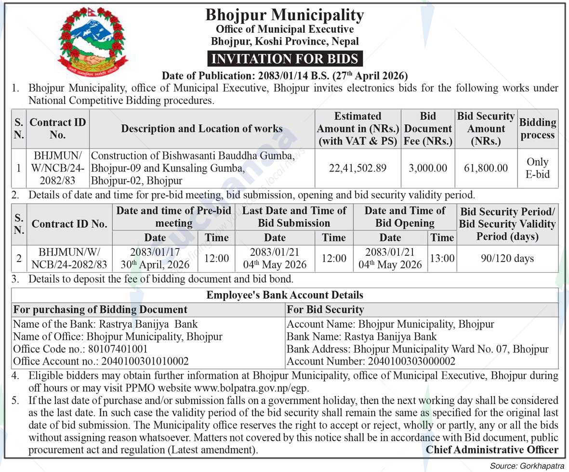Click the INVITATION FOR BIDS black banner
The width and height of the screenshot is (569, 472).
click(285, 59)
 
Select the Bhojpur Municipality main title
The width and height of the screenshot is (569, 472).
click(285, 15)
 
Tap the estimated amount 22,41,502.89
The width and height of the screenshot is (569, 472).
click(357, 168)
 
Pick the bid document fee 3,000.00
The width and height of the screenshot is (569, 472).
click(428, 168)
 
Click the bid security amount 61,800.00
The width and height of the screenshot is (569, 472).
click(486, 168)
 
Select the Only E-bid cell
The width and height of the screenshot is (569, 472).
click(537, 168)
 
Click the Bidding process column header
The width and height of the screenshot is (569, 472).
click(538, 129)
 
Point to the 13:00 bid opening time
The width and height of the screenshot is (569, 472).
click(442, 259)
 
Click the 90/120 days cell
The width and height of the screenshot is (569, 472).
click(507, 259)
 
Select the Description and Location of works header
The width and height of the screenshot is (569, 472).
click(202, 129)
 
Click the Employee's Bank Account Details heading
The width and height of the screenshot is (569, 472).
click(285, 295)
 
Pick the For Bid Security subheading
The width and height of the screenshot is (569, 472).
click(325, 309)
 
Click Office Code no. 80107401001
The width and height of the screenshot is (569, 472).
click(80, 349)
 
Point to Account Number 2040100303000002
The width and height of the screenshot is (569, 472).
click(371, 361)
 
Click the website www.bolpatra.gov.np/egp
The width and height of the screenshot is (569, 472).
click(251, 387)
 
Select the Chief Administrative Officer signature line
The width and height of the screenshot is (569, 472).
click(492, 450)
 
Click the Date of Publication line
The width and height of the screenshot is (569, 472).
click(285, 76)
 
